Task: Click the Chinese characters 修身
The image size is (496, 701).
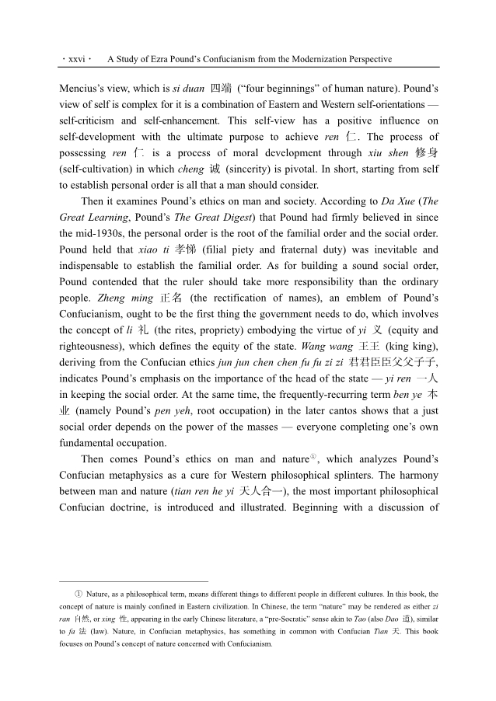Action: pos(426,153)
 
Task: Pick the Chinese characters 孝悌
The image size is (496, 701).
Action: pos(184,250)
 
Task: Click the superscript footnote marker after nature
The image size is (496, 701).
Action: pos(313,457)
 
